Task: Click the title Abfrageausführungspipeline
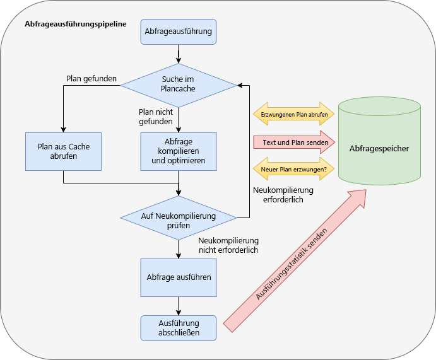point(75,24)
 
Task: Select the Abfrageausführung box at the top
point(179,32)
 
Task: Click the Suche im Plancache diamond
point(179,84)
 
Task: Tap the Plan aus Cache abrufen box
point(63,151)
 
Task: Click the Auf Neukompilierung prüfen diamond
point(179,218)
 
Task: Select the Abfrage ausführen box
point(179,277)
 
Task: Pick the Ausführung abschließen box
point(179,328)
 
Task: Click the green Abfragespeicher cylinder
point(379,149)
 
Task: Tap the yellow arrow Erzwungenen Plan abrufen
point(294,115)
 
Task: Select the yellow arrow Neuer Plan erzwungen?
point(294,169)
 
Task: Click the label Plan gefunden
point(91,79)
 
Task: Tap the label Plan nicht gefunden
point(156,117)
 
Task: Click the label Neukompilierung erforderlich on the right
point(283,194)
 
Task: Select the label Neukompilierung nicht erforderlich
point(228,245)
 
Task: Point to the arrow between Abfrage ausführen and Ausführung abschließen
point(179,305)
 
